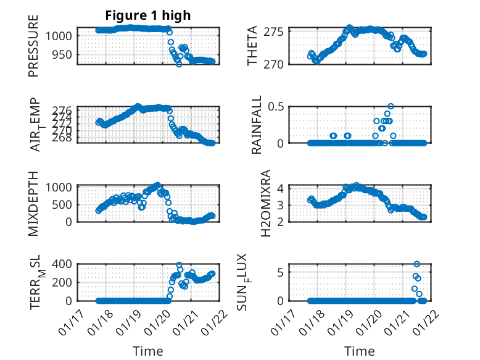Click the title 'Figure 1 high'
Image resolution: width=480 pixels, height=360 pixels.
pos(147,15)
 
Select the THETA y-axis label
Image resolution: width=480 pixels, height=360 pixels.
pos(253,47)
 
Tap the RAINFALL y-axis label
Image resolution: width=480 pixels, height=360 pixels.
pos(257,125)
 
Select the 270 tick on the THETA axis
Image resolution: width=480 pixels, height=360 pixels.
pos(273,64)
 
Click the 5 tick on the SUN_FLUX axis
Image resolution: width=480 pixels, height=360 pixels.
pos(279,272)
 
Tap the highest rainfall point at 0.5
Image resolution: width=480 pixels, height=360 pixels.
pos(391,106)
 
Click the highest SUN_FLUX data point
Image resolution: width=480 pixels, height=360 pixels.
pos(417,264)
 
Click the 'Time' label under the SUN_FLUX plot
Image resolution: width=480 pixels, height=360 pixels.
pos(359,351)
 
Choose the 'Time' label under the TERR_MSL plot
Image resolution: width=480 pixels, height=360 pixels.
pos(148,351)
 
